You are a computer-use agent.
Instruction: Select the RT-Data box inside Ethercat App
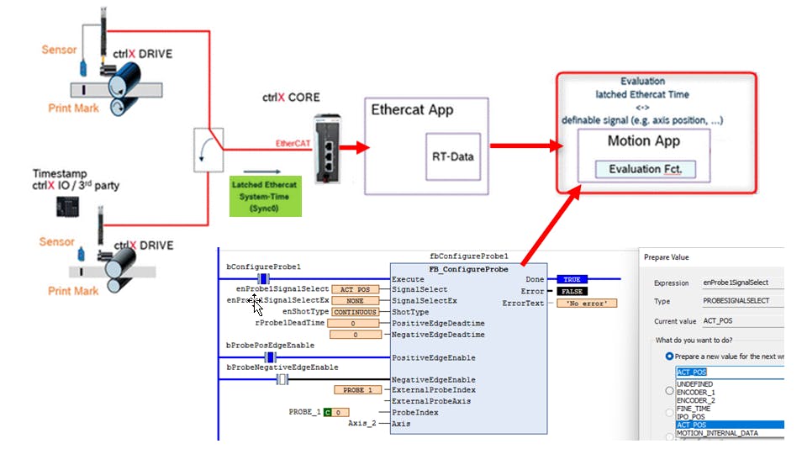click(x=453, y=155)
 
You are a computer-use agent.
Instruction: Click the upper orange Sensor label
click(x=59, y=50)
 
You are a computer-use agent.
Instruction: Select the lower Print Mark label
click(x=73, y=291)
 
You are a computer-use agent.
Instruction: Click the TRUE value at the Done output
click(x=572, y=279)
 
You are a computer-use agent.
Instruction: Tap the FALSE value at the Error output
click(x=572, y=291)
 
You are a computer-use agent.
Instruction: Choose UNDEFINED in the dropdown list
click(x=694, y=383)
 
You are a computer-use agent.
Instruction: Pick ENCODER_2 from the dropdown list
click(x=696, y=400)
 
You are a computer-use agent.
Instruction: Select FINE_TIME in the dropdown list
click(x=694, y=409)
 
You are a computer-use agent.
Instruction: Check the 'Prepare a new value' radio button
click(x=669, y=356)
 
